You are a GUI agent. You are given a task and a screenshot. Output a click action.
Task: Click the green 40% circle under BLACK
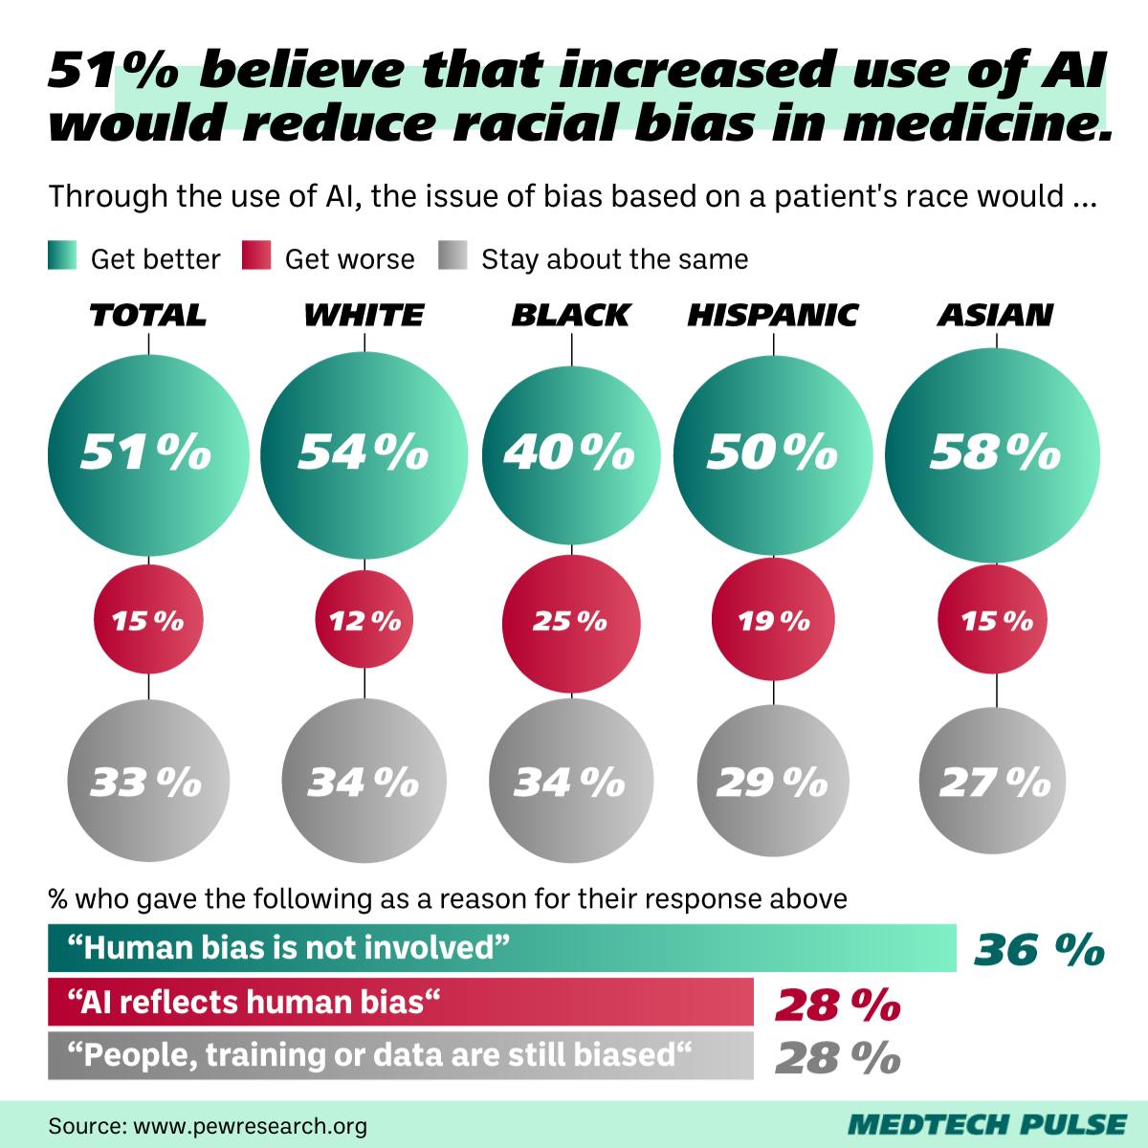572,453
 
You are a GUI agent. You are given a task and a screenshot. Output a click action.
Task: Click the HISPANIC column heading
773,315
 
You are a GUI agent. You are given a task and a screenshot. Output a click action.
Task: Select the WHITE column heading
364,315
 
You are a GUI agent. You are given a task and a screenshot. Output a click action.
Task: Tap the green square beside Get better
62,257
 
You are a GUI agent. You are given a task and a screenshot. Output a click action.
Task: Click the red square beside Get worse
257,257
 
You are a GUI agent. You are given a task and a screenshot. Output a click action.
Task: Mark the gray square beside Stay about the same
453,257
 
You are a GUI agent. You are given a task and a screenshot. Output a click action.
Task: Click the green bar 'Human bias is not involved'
502,948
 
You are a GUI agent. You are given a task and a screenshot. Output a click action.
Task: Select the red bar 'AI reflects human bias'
400,1002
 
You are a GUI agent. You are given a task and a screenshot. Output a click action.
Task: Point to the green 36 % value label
1039,950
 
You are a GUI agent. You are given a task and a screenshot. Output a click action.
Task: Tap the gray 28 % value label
838,1057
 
